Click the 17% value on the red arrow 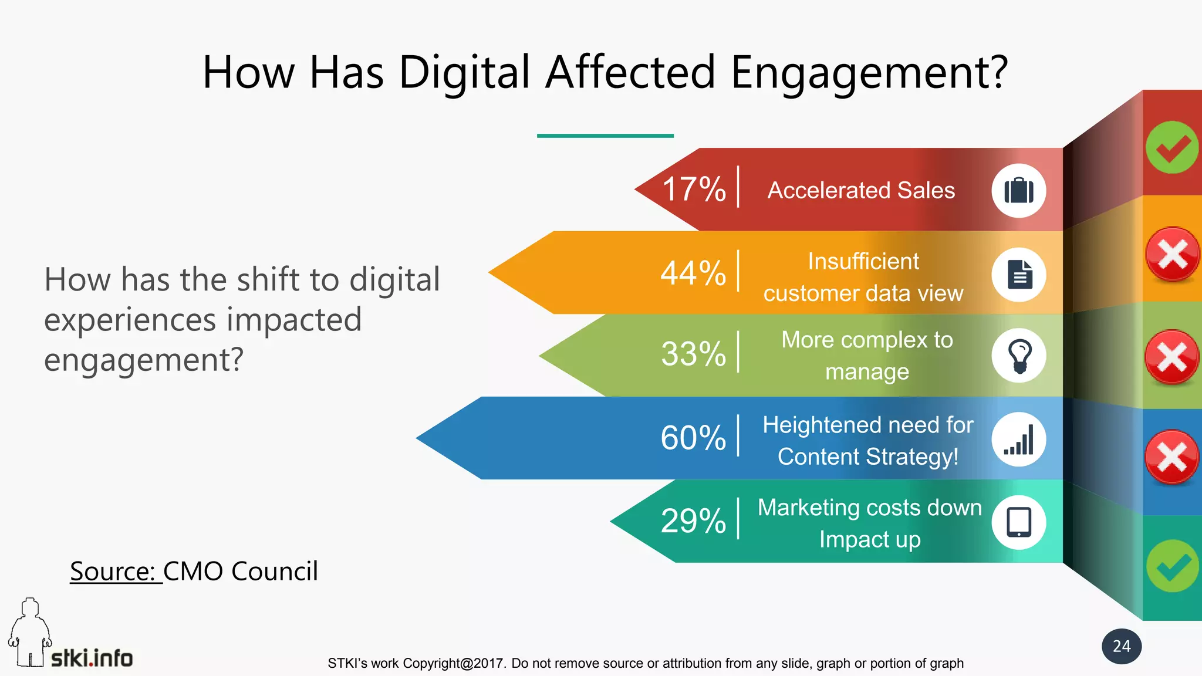(694, 189)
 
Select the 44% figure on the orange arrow (693, 273)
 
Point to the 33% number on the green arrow (693, 354)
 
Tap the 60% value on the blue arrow (693, 438)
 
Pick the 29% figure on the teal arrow (693, 520)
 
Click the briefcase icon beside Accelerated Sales (1019, 191)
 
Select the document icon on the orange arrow (1019, 275)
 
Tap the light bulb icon (1019, 356)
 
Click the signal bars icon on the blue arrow (1019, 440)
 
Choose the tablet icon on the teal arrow (1019, 522)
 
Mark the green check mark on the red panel (1172, 147)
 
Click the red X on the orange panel (1172, 254)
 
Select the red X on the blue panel (1172, 457)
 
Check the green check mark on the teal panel (1172, 566)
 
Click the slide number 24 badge (1122, 646)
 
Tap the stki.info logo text (92, 658)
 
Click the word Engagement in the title (869, 72)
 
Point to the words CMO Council (241, 571)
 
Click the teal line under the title (605, 136)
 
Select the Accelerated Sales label (861, 190)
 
